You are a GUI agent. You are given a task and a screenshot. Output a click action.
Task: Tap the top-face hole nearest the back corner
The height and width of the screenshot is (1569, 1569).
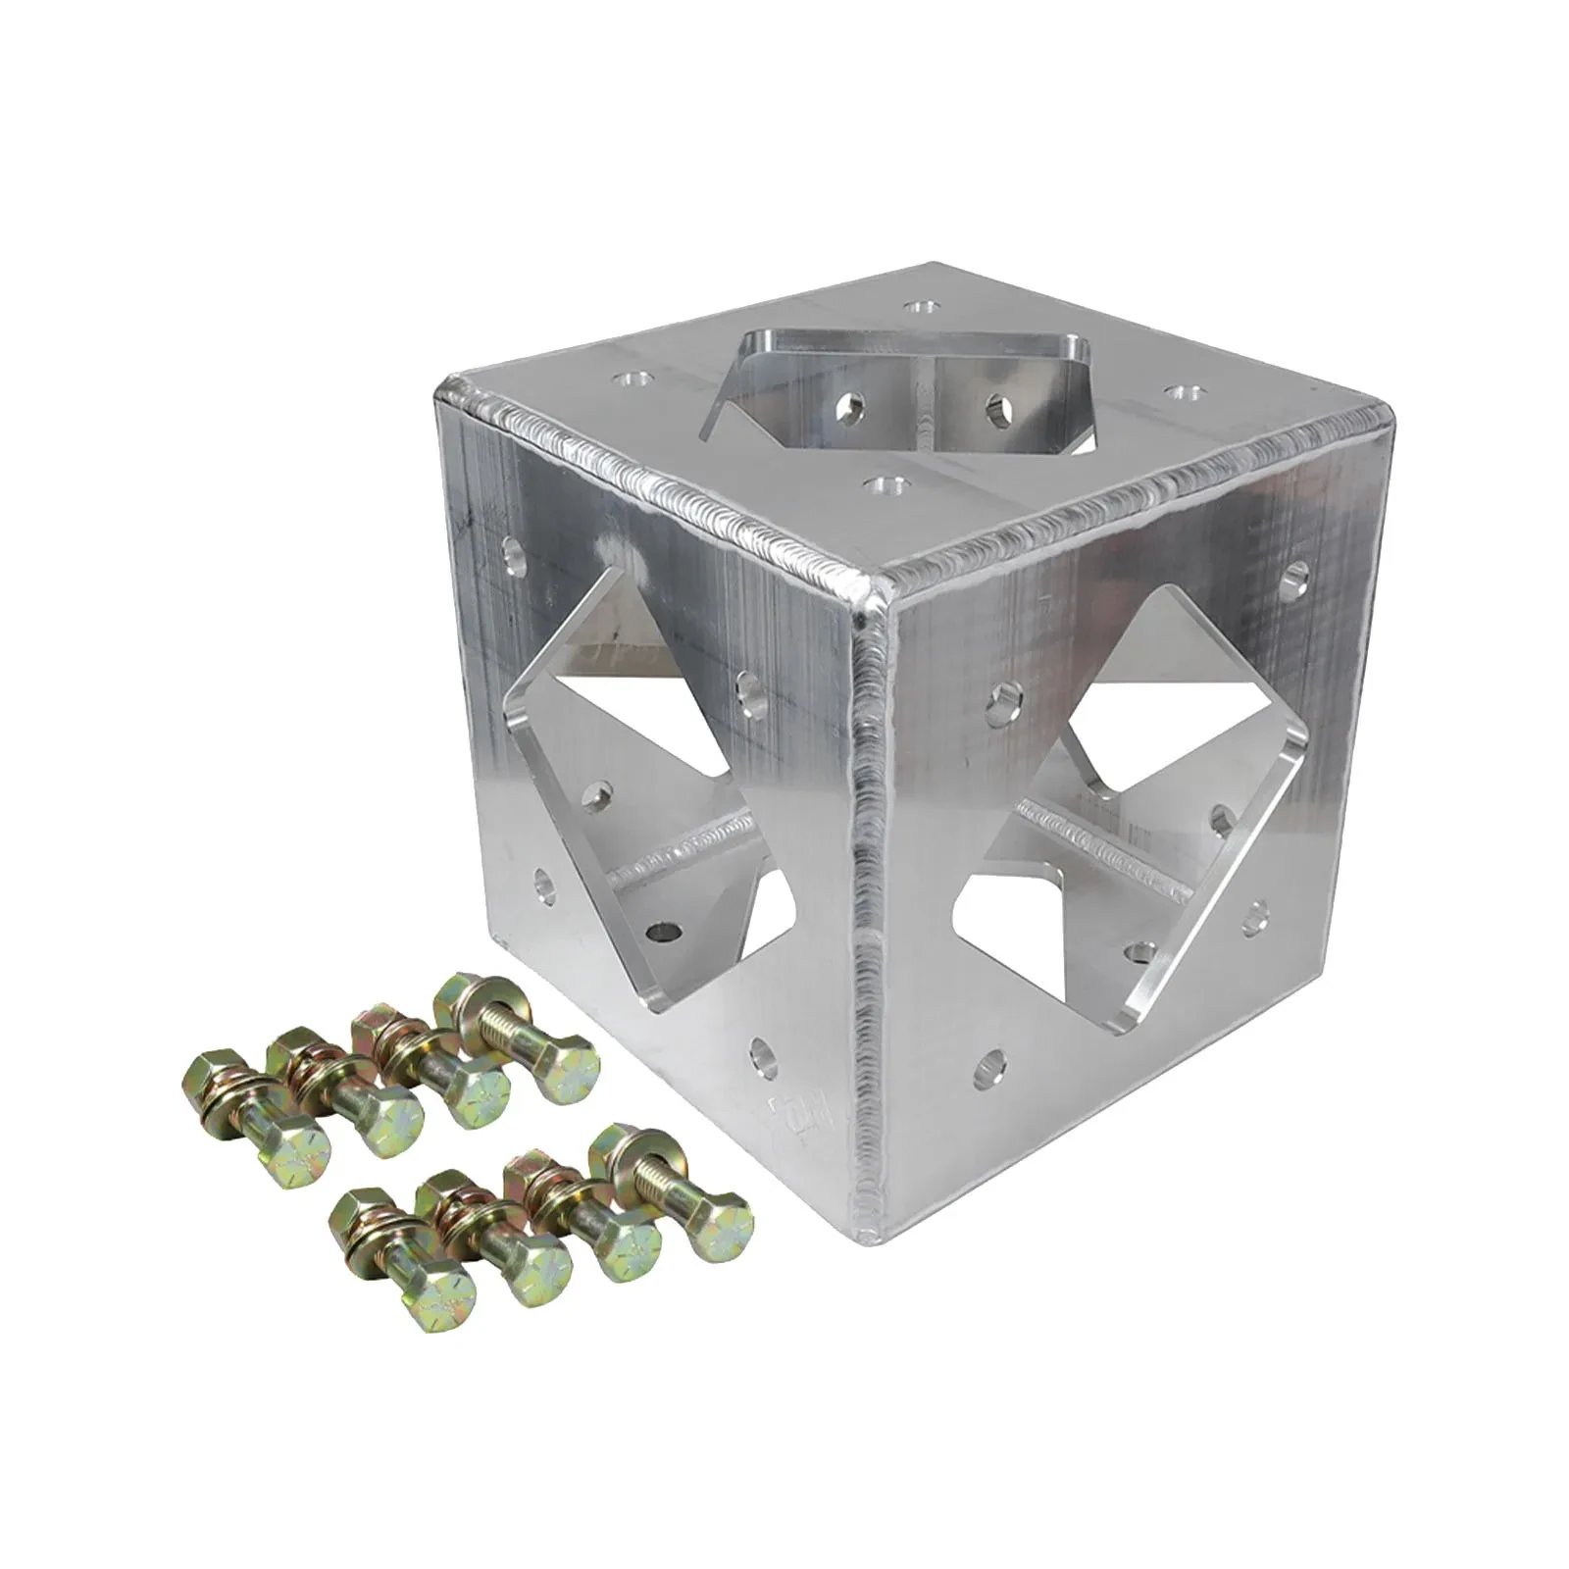coord(918,309)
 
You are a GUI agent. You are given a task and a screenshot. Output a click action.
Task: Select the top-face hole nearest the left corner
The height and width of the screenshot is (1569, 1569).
coord(628,377)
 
